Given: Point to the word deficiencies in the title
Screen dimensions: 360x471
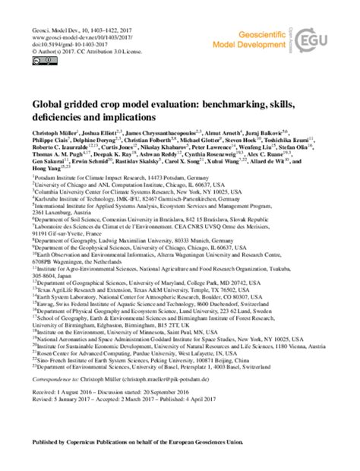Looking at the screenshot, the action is click(x=62, y=120).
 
